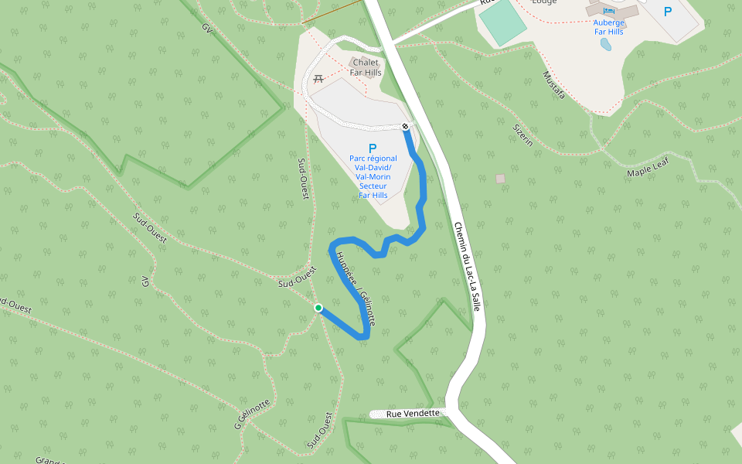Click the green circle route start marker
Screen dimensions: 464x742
coord(318,308)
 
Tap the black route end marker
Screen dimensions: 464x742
coord(405,126)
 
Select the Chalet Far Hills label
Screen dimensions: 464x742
coord(366,67)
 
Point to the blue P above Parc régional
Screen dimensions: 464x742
coord(373,148)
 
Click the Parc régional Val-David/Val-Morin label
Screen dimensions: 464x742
coord(373,176)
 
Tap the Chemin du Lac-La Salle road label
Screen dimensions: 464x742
coord(467,267)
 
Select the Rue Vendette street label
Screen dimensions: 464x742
coord(413,414)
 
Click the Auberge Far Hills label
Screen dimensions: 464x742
coord(609,27)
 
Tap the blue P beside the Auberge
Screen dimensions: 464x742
coord(668,12)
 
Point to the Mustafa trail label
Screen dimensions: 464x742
coord(553,85)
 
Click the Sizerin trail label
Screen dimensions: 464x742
coord(523,134)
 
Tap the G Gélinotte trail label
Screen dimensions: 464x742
coord(253,415)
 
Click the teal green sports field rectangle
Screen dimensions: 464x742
coord(502,21)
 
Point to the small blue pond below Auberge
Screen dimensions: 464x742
coord(606,44)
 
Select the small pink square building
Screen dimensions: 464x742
coord(500,179)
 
